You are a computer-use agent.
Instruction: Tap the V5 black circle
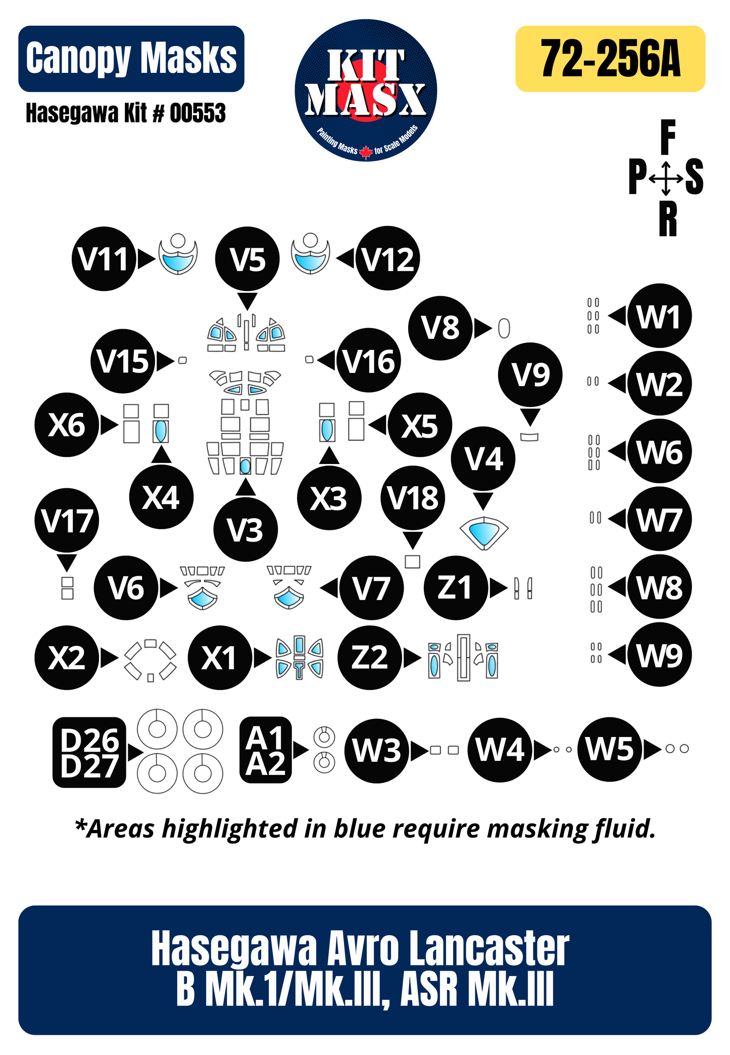coord(247,259)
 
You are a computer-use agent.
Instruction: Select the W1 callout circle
coord(659,316)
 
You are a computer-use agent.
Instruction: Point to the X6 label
coord(67,425)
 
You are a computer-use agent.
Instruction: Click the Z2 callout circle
coord(370,657)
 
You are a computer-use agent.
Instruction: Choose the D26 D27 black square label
coord(89,752)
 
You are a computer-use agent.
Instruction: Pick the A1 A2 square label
coord(265,750)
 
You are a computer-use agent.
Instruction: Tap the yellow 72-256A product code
coord(610,59)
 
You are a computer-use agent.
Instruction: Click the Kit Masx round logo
coord(366,90)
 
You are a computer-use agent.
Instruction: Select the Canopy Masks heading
coord(131,59)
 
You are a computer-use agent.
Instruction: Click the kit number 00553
coord(198,113)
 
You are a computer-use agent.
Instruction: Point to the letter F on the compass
coord(667,137)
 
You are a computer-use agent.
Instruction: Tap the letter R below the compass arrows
coord(667,219)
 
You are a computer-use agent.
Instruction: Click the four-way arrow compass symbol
coord(666,178)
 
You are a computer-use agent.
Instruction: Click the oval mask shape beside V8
coord(504,329)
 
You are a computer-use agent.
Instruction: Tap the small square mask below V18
coord(413,562)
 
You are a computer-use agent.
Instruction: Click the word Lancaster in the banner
coord(489,949)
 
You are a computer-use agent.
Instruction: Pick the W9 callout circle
coord(659,655)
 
